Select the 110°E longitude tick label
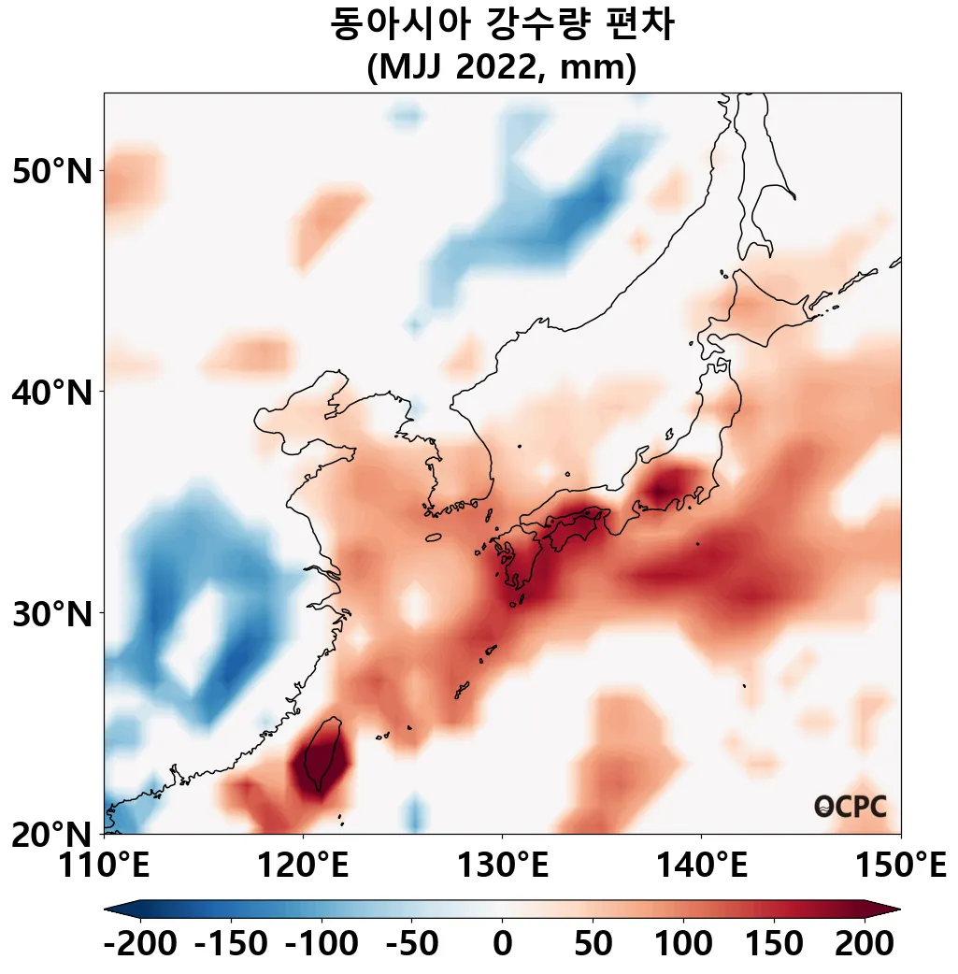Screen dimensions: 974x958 [x=104, y=866]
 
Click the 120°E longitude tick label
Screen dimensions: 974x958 [x=303, y=866]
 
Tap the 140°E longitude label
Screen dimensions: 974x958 [x=701, y=866]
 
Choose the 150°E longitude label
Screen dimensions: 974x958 [x=900, y=866]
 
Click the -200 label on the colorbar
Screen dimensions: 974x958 [x=140, y=943]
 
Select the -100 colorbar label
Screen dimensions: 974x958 [x=321, y=943]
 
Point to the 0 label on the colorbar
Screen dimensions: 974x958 [x=502, y=943]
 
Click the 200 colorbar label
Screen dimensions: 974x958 [x=863, y=943]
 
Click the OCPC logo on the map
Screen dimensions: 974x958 [x=850, y=807]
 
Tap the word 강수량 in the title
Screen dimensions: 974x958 [x=536, y=25]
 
